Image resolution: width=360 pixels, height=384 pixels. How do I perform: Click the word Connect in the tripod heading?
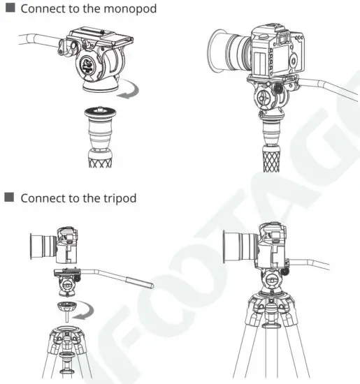pyautogui.click(x=42, y=198)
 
